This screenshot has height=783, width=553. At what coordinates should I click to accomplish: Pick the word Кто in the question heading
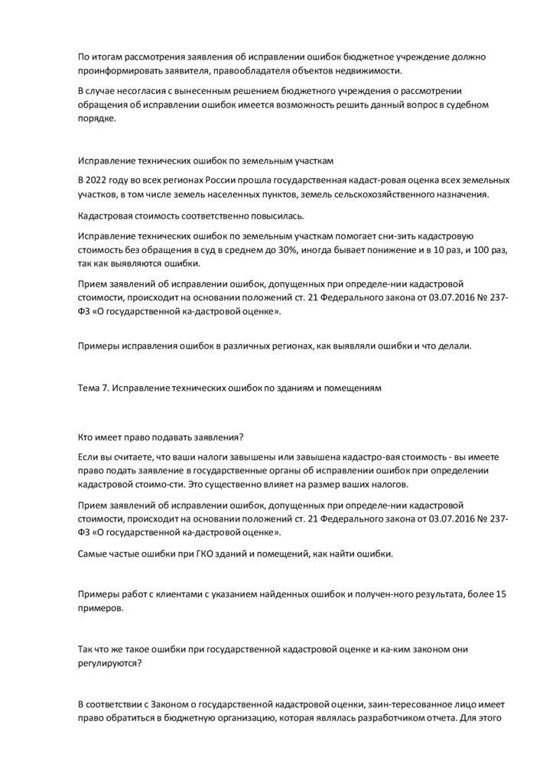86,437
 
